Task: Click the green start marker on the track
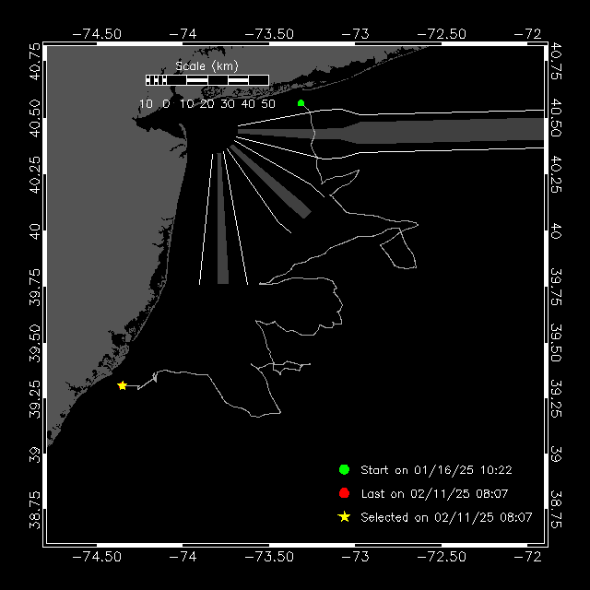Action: [x=301, y=103]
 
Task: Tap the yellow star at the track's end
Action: [x=123, y=385]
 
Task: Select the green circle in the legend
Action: [x=344, y=469]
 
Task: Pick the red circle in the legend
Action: [x=344, y=493]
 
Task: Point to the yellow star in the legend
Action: [x=344, y=517]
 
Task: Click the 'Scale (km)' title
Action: [x=206, y=66]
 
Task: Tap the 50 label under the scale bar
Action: [x=268, y=104]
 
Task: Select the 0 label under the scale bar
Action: [x=166, y=104]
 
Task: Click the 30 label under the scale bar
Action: [x=228, y=104]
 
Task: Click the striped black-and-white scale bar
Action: [x=207, y=80]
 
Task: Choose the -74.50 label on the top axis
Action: [x=97, y=34]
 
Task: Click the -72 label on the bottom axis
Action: [x=527, y=557]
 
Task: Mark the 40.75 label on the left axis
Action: [x=35, y=62]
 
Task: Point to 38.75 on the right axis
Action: [x=556, y=509]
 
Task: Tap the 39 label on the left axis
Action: [x=35, y=454]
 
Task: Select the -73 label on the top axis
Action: [x=355, y=34]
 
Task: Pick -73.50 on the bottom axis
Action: [x=269, y=557]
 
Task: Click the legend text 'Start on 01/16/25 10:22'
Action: [x=436, y=470]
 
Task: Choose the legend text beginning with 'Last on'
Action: [x=434, y=494]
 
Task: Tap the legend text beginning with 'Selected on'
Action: [x=446, y=517]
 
